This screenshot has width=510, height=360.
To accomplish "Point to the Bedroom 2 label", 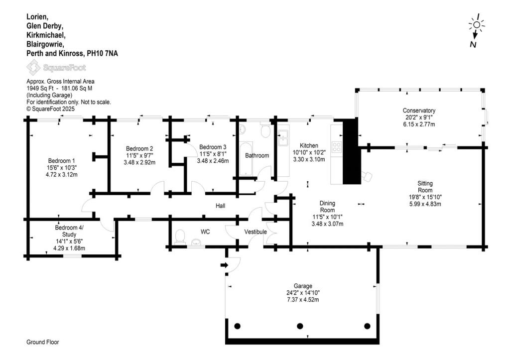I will [139, 148].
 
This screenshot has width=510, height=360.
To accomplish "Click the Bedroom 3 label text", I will [213, 147].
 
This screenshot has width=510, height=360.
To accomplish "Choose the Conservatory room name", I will [419, 111].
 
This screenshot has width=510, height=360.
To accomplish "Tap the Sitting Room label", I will [425, 187].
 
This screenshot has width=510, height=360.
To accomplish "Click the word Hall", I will [221, 206].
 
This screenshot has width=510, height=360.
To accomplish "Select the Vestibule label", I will [255, 232].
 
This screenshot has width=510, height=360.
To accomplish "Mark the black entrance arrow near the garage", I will [224, 265].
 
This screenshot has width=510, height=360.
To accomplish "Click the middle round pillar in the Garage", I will [300, 326].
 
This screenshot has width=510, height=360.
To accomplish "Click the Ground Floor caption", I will [43, 343].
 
